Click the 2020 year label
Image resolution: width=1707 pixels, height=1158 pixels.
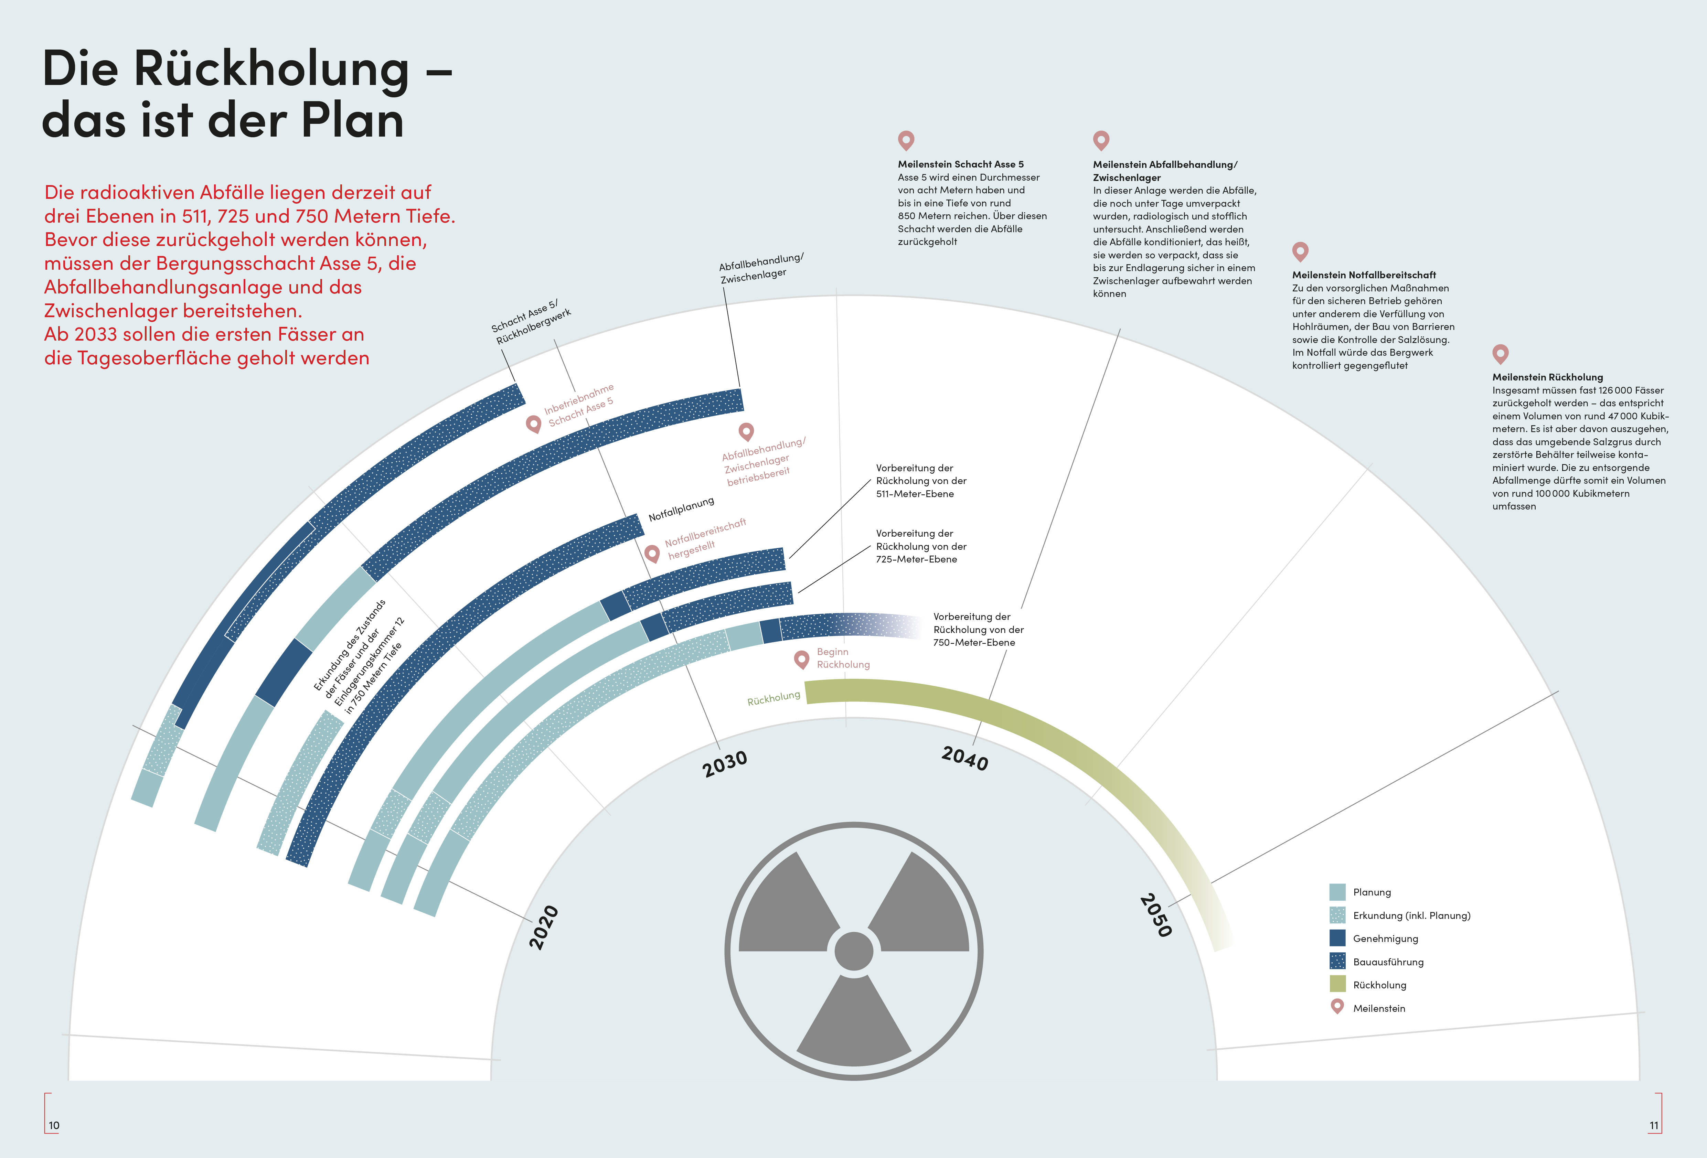[544, 928]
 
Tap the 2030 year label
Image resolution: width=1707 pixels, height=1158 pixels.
[725, 764]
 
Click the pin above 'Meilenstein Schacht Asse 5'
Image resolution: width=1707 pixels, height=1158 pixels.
[906, 140]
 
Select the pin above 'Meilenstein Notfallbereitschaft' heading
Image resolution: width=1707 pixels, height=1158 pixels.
[1300, 251]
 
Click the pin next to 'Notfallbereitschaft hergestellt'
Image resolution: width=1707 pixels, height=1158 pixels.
[651, 552]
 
